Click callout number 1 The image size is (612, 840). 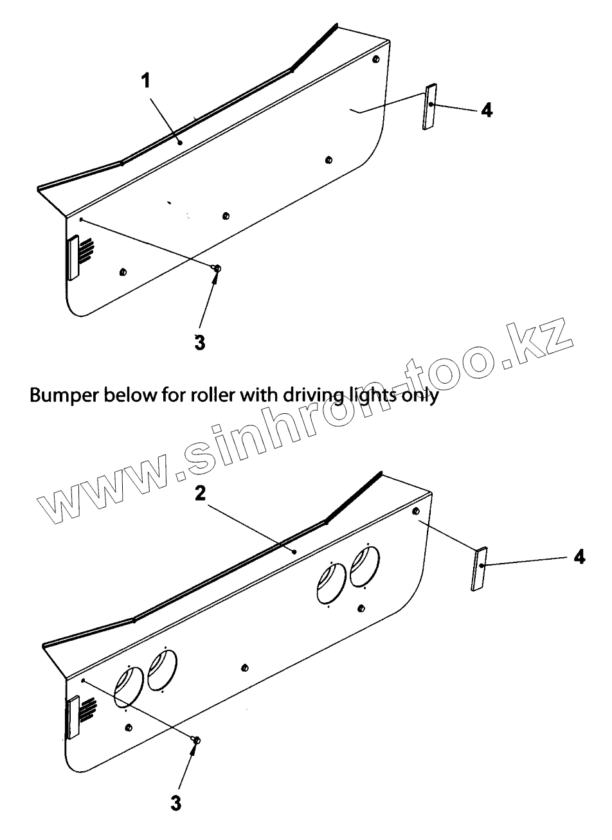click(x=146, y=80)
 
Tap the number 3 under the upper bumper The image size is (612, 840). click(x=200, y=342)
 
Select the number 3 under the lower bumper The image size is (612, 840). click(x=175, y=803)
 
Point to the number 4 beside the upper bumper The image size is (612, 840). click(x=487, y=111)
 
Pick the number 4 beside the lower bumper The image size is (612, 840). click(x=579, y=557)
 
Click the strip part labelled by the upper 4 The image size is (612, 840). click(x=429, y=107)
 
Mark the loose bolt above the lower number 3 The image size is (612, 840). click(x=196, y=741)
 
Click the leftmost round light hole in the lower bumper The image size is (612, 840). click(x=127, y=686)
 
